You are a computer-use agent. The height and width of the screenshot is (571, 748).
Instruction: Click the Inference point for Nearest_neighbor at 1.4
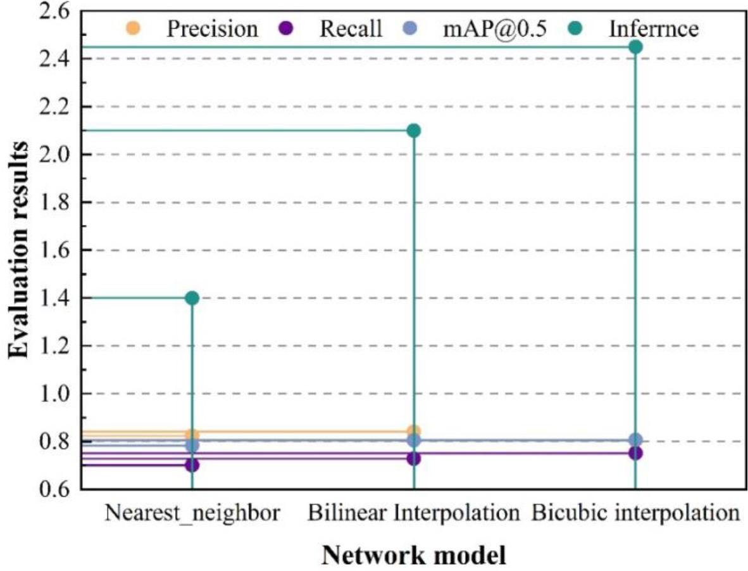point(192,298)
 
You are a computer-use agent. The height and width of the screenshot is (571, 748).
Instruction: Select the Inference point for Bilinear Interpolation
point(414,131)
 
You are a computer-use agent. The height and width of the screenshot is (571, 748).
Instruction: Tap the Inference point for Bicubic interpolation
point(636,47)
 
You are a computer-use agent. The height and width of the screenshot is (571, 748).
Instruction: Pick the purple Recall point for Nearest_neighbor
point(192,465)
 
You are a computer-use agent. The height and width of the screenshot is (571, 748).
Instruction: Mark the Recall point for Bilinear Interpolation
point(414,458)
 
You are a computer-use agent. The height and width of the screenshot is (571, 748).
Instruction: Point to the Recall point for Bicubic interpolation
point(636,453)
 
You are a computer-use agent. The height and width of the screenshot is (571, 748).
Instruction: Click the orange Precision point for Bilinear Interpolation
point(414,432)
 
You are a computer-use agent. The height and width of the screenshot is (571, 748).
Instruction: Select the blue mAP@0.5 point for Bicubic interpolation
point(636,440)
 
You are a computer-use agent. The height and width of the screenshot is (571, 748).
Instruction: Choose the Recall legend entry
point(336,29)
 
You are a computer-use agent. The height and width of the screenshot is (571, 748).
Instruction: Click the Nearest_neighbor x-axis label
point(192,512)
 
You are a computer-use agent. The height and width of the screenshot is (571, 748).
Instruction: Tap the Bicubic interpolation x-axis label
point(636,512)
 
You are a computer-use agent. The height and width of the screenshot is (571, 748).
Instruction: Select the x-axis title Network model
point(414,555)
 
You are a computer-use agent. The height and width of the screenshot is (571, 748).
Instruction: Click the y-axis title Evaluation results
point(18,250)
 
